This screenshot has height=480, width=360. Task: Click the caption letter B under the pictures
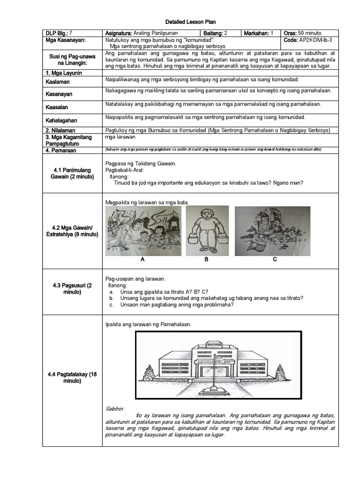[x=206, y=259]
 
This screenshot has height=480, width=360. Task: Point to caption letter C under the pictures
[x=275, y=259]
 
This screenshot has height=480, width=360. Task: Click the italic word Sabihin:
[x=115, y=409]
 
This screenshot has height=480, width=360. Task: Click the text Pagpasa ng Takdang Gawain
[x=141, y=164]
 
